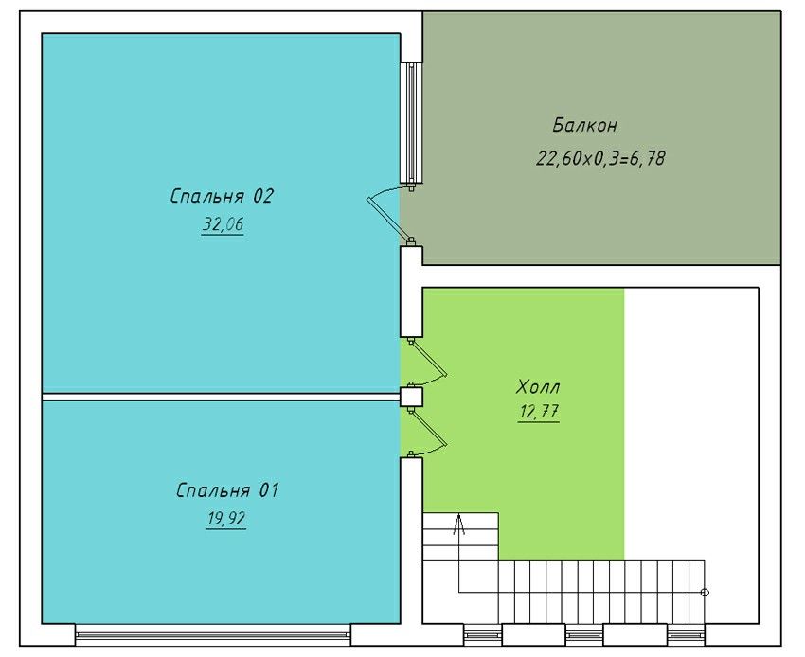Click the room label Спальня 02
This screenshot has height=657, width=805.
pyautogui.click(x=222, y=196)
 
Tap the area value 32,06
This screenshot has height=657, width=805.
pyautogui.click(x=223, y=224)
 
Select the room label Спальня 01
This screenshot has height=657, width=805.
pyautogui.click(x=227, y=490)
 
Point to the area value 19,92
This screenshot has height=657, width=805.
pyautogui.click(x=226, y=519)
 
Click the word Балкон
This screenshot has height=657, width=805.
pyautogui.click(x=584, y=125)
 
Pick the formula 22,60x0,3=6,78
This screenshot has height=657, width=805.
pyautogui.click(x=600, y=158)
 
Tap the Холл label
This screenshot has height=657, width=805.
pyautogui.click(x=538, y=386)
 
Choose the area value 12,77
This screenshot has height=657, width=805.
pyautogui.click(x=539, y=412)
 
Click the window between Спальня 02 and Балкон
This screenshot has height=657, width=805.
pyautogui.click(x=411, y=122)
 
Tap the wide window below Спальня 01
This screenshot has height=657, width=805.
pyautogui.click(x=213, y=634)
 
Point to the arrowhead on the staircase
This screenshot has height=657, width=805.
pyautogui.click(x=459, y=524)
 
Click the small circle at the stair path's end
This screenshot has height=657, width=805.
pyautogui.click(x=705, y=593)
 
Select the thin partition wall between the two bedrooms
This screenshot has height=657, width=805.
pyautogui.click(x=221, y=397)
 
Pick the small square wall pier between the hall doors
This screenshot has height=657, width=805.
pyautogui.click(x=411, y=397)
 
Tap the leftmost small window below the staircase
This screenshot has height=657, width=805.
pyautogui.click(x=483, y=635)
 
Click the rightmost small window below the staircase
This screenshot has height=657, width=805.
pyautogui.click(x=687, y=635)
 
